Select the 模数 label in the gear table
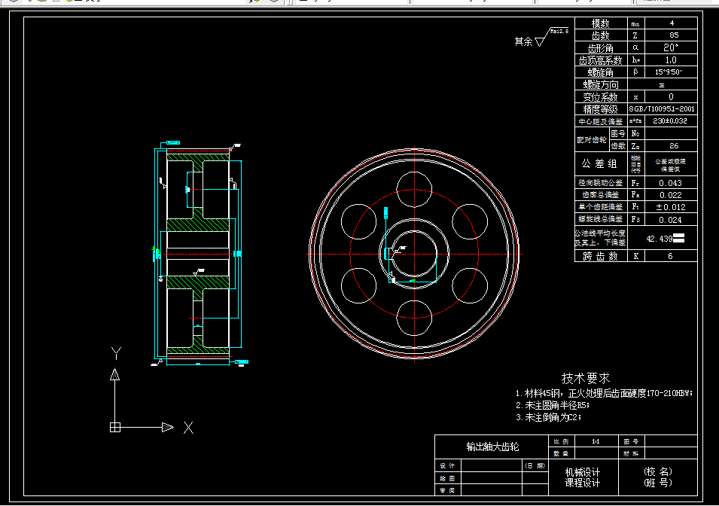click(x=600, y=23)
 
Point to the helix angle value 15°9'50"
click(x=669, y=72)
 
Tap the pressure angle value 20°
click(x=672, y=47)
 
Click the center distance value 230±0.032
click(x=669, y=120)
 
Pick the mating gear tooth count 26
click(x=672, y=145)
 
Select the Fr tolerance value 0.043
click(x=670, y=183)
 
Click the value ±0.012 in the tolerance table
click(x=670, y=207)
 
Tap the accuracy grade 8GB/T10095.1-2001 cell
click(x=662, y=109)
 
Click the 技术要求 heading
click(x=585, y=378)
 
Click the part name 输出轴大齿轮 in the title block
click(x=492, y=447)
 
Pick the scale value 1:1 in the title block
click(x=596, y=441)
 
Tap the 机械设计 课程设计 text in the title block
click(x=583, y=477)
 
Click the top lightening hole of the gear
click(x=414, y=187)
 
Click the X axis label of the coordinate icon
click(x=189, y=428)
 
